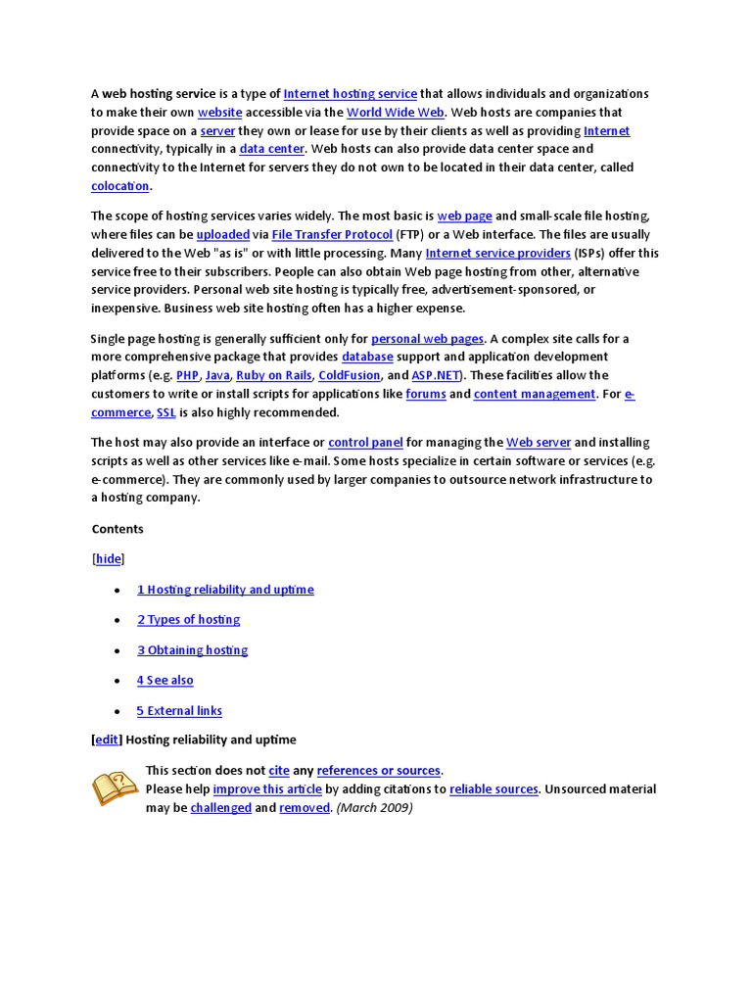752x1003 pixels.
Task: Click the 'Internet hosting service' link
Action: coord(350,94)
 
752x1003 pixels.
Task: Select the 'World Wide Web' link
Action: coord(389,113)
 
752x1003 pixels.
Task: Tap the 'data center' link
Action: coord(271,150)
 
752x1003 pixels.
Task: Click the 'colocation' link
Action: coord(120,186)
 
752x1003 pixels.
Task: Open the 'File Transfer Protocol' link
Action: coord(332,235)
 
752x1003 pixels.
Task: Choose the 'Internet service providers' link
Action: coord(497,254)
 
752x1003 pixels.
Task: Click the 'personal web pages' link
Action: coord(427,339)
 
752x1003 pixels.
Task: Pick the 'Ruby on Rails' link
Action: coord(274,375)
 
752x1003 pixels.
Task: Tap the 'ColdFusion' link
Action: coord(349,375)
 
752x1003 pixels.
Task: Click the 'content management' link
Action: coord(534,394)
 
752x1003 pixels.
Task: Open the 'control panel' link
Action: coord(365,443)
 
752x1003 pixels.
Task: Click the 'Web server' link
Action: coord(538,443)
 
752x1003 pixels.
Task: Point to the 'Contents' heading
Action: coord(117,529)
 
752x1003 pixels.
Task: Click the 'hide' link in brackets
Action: coord(109,559)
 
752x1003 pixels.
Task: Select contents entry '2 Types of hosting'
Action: coord(188,620)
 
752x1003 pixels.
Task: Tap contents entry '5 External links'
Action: coord(179,711)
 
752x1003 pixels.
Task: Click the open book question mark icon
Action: coord(115,788)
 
